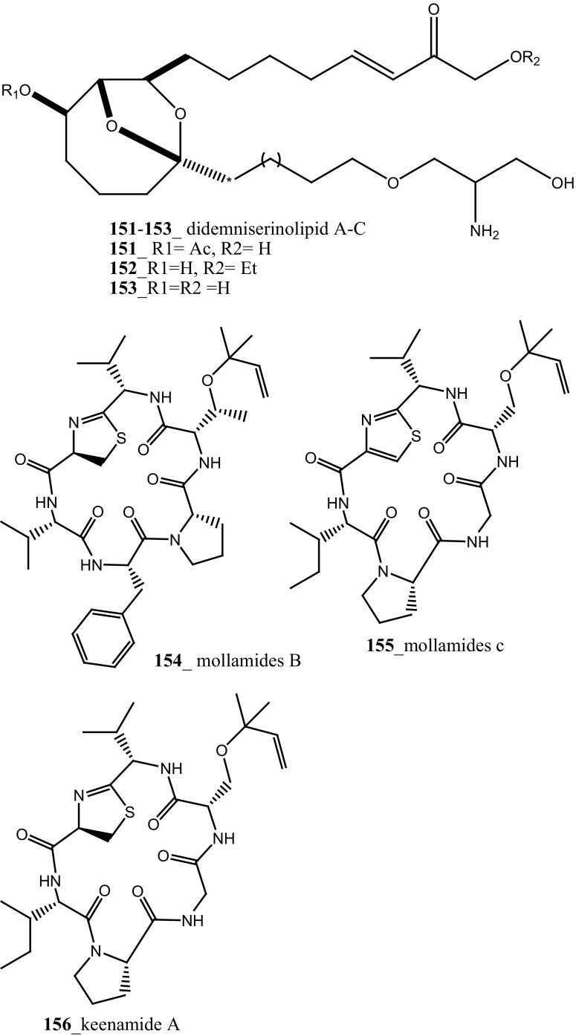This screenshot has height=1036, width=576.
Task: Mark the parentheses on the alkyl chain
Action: click(x=270, y=157)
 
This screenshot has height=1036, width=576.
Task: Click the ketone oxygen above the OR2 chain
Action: click(x=435, y=11)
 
